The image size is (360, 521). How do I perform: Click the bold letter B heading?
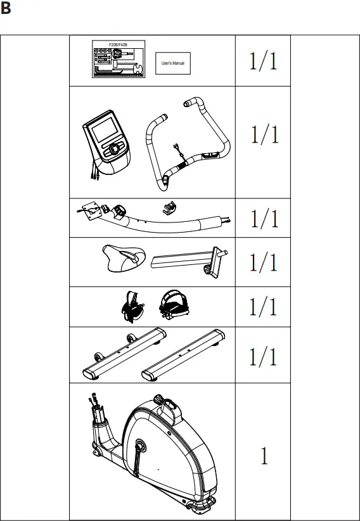(7, 10)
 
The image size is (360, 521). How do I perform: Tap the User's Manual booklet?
(173, 64)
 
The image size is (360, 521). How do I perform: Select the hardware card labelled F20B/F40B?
(119, 58)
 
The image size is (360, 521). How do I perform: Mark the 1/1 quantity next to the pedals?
(263, 307)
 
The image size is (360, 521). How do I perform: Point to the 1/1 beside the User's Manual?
(263, 61)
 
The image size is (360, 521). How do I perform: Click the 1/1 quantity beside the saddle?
(263, 261)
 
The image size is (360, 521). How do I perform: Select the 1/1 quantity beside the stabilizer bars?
(263, 356)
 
